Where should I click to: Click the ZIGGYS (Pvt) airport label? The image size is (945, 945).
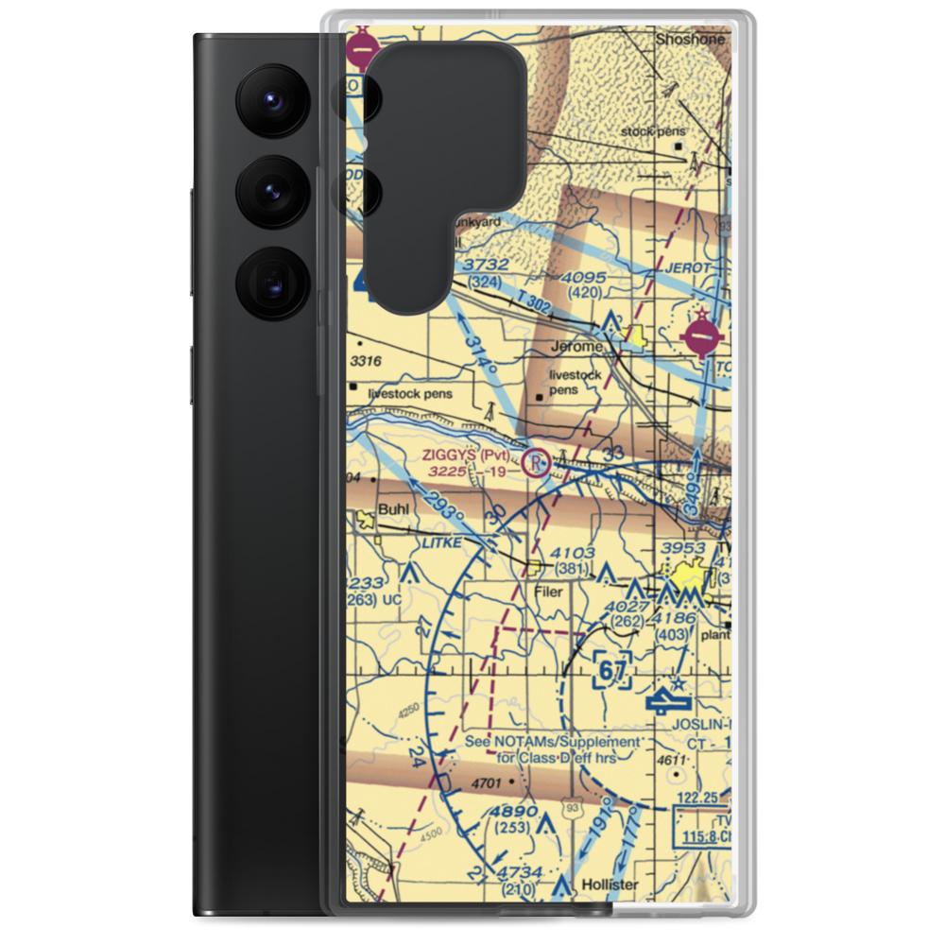click(471, 455)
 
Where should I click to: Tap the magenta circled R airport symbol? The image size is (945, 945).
click(536, 463)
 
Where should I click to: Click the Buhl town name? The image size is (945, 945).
click(392, 510)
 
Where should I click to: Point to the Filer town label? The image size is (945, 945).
click(548, 592)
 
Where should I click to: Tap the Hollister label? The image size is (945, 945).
click(610, 885)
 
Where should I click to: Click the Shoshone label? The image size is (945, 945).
click(692, 41)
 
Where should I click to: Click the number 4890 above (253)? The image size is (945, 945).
click(514, 812)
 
